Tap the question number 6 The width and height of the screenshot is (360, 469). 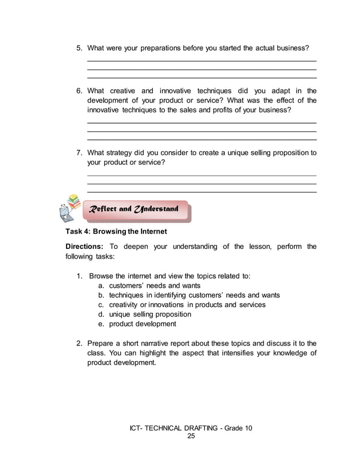coord(80,90)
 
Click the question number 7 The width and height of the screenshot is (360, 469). coord(80,152)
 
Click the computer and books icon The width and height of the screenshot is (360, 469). coord(68,209)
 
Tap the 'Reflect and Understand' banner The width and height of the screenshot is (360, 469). coord(135,209)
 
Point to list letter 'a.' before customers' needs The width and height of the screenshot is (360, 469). coord(102,286)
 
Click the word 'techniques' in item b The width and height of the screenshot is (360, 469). coord(126,295)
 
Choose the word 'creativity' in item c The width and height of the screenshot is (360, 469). coord(126,305)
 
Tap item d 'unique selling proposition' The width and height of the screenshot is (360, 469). coord(150,314)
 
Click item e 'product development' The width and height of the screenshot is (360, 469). coord(142,324)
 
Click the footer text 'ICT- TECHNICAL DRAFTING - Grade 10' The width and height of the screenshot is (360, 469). coord(191,428)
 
